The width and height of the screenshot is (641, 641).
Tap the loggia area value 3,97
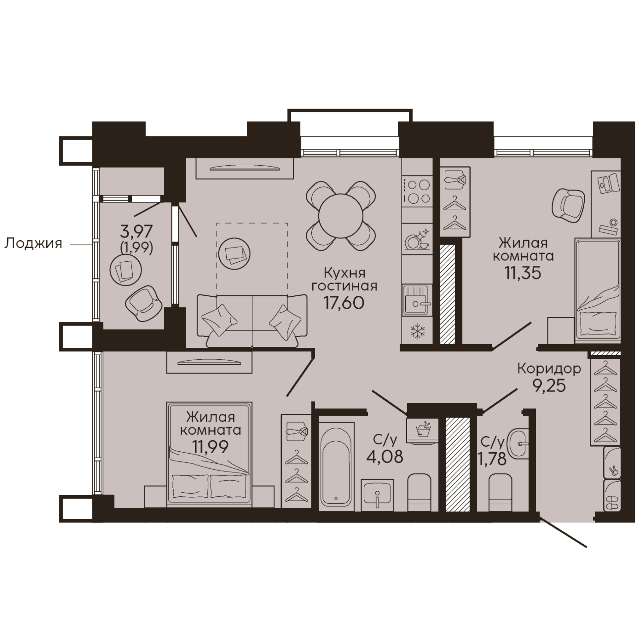pyautogui.click(x=136, y=232)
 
